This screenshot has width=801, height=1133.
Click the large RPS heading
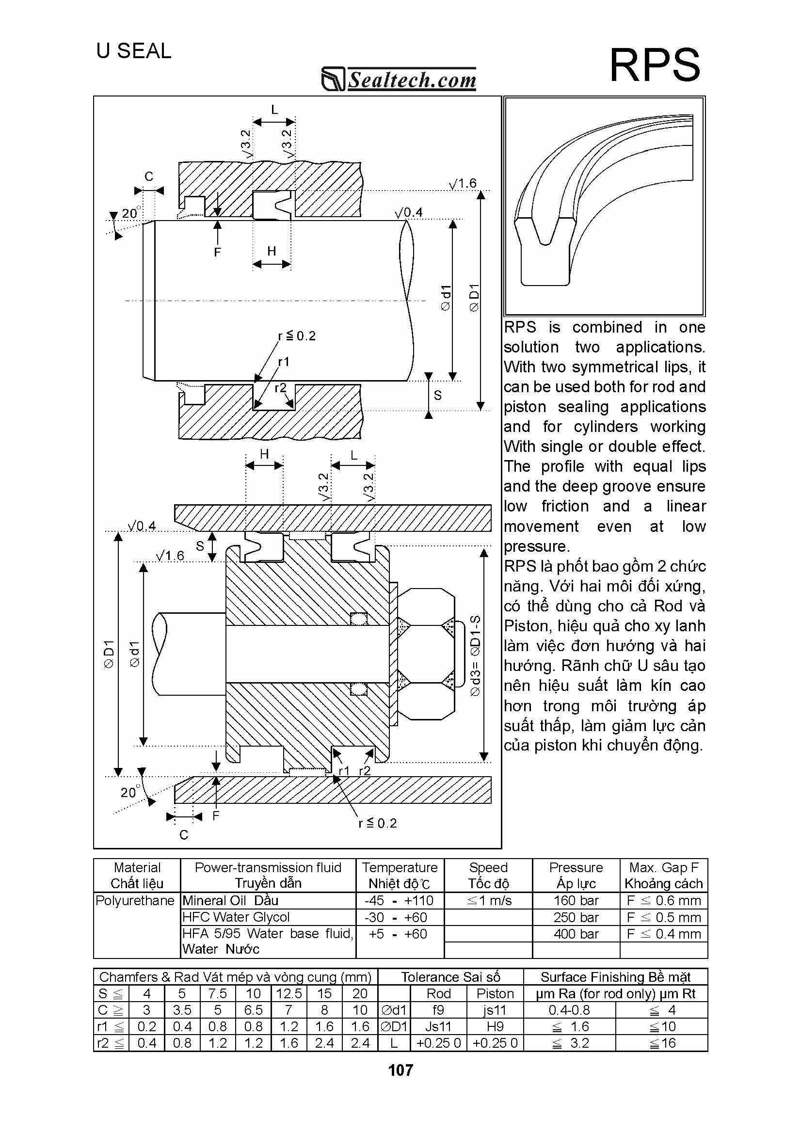pos(655,65)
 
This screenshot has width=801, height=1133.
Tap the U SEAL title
pos(134,51)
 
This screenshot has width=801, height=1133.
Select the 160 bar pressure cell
pos(576,901)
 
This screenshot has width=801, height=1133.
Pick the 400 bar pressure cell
pos(576,934)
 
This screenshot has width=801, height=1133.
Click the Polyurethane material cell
pos(135,901)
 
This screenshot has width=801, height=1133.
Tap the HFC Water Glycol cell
pos(236,917)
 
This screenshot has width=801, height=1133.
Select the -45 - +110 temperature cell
pos(399,901)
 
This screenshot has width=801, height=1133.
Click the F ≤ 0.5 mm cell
pos(663,917)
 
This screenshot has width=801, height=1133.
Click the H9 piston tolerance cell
pos(495,1026)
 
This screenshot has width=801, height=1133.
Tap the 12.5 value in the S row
pos(288,993)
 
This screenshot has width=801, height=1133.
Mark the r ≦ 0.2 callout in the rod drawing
pos(297,336)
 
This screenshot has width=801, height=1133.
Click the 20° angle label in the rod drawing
pos(131,213)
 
